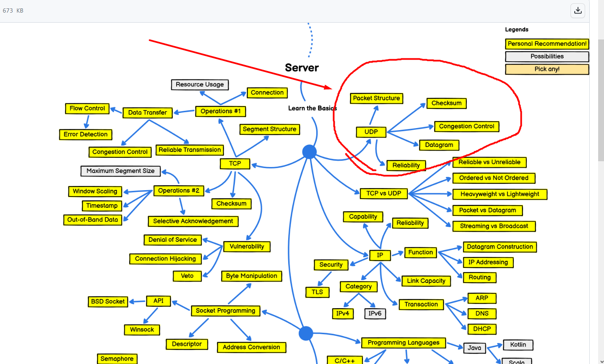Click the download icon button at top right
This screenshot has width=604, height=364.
point(578,10)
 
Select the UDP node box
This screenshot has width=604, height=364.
point(371,132)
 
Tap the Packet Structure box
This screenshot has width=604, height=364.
point(376,98)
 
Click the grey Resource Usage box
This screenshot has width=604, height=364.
point(200,84)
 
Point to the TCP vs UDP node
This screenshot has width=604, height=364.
point(383,194)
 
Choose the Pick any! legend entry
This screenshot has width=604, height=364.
point(547,69)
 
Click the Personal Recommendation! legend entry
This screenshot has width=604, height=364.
point(547,44)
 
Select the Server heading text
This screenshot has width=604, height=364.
point(302,68)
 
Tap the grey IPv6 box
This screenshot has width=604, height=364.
point(375,314)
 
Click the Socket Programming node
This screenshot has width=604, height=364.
point(225,311)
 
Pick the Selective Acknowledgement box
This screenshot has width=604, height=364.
point(193,221)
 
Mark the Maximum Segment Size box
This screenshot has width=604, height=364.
point(120,171)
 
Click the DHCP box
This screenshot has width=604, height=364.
point(482,329)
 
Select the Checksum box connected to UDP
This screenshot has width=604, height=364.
point(446,103)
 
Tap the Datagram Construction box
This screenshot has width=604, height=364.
point(500,247)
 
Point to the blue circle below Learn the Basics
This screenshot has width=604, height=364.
point(310,152)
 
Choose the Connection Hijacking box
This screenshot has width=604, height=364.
point(165,259)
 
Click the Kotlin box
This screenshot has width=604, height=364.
point(518,345)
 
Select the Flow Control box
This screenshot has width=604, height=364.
point(87,108)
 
